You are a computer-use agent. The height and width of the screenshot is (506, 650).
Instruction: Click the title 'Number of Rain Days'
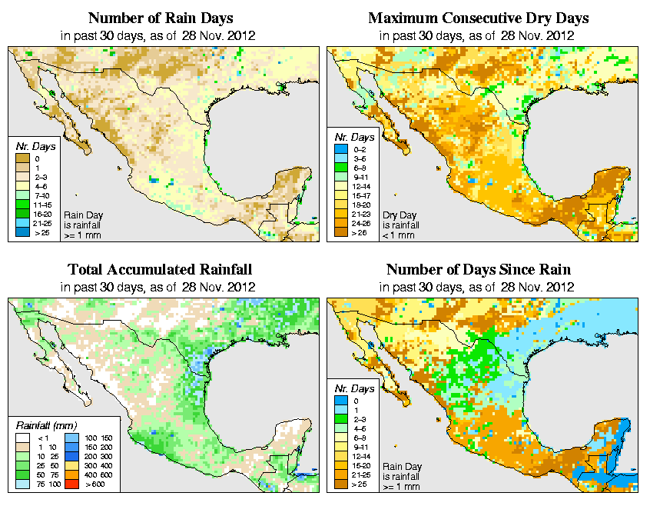tap(161, 18)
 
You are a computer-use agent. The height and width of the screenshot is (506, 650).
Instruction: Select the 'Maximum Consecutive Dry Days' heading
tap(479, 18)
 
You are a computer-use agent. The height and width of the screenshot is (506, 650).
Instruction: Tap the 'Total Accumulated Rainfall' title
tap(160, 270)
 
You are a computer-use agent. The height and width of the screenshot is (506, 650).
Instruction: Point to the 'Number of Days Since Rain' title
tap(478, 270)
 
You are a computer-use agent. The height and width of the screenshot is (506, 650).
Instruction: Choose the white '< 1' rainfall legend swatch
tap(22, 437)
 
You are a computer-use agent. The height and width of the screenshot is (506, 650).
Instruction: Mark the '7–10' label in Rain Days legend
tap(41, 198)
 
